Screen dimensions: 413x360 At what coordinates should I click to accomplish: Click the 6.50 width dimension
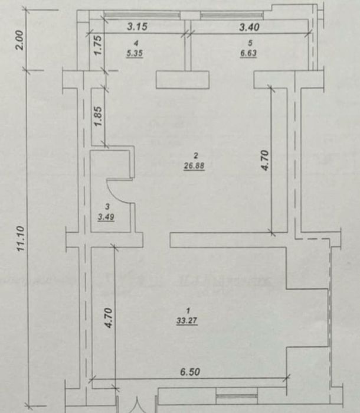(191, 372)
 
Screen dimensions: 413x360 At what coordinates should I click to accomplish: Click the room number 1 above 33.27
(188, 311)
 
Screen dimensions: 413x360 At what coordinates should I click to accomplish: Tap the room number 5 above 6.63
(250, 43)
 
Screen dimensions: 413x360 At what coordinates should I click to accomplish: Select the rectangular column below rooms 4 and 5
(183, 80)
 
